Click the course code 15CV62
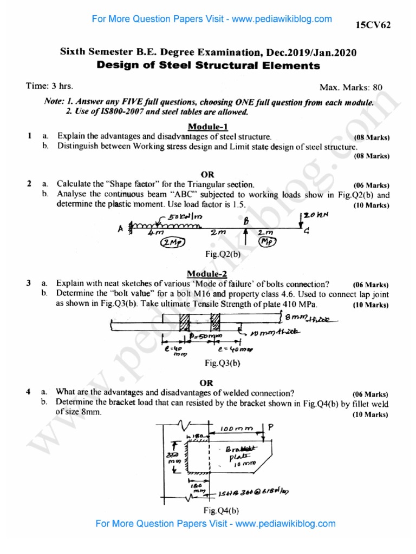373,25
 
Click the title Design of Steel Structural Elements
208,66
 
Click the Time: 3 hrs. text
50,86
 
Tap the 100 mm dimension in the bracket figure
236,429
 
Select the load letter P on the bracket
271,427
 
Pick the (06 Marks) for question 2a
370,184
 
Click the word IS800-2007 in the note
108,113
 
